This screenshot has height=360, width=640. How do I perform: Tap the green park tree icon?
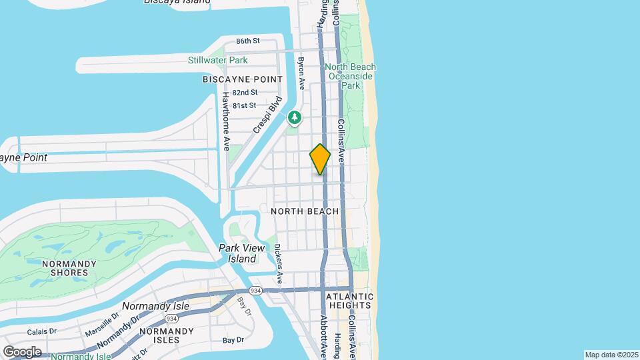point(295,118)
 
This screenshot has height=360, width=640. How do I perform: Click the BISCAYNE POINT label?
point(243,79)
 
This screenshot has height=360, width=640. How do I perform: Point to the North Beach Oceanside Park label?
point(350,76)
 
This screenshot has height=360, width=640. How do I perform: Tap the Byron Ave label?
point(301,73)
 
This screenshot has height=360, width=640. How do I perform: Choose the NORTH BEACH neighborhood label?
point(305,211)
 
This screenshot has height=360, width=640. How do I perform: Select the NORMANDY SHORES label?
point(65,267)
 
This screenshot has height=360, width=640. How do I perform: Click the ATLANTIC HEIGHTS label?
point(350,301)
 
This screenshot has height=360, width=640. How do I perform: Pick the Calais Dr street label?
point(41,332)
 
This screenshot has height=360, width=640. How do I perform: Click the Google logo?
point(21,351)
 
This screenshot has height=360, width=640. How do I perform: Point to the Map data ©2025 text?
point(611,355)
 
